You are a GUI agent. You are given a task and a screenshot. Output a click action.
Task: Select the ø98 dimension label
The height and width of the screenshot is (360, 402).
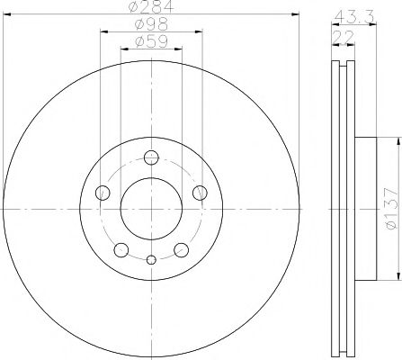tap(151, 26)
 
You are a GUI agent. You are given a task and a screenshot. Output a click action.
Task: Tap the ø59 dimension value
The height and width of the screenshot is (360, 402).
tap(151, 40)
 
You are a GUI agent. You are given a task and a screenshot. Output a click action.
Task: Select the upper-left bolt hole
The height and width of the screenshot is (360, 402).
tap(102, 192)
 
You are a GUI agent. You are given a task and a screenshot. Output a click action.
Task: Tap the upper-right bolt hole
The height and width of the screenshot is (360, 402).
tap(201, 192)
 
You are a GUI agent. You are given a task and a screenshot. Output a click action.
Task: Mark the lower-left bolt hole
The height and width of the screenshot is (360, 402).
tap(121, 249)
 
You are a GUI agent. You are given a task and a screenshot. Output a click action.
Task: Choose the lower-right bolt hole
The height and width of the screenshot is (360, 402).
tap(182, 249)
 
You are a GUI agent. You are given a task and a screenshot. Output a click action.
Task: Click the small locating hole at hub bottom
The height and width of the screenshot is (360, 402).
tap(151, 260)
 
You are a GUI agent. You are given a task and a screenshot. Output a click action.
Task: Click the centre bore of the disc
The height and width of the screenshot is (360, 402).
tap(151, 208)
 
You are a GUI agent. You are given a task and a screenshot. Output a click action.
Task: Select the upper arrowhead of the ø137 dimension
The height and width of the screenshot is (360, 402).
tap(397, 140)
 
